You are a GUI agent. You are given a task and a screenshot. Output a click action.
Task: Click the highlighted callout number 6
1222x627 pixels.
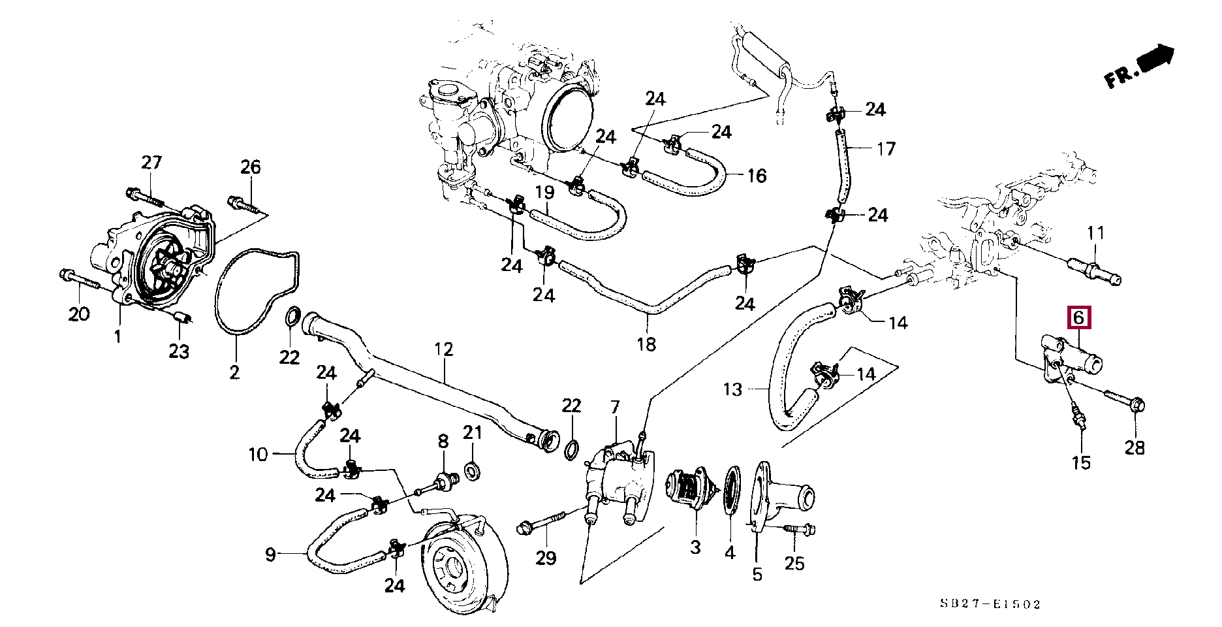point(1078,318)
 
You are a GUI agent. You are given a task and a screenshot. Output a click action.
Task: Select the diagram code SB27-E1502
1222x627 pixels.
point(990,604)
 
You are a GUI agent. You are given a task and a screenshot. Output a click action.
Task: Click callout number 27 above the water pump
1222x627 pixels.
point(151,163)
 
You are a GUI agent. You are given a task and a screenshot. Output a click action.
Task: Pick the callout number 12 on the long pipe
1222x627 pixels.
point(443,349)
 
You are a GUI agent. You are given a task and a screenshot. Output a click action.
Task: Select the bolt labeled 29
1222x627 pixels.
point(543,522)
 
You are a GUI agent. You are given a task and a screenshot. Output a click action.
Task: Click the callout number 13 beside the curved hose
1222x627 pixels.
point(732,390)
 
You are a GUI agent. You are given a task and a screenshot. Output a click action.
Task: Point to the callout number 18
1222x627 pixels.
point(646,344)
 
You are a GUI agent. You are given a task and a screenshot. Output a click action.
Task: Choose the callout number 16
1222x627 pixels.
point(756,176)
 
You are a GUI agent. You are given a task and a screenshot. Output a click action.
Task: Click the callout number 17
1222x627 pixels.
point(885,150)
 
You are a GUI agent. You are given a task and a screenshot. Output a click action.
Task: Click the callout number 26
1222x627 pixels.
point(250,167)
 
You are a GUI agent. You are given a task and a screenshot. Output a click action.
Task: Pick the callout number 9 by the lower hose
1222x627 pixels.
point(270,555)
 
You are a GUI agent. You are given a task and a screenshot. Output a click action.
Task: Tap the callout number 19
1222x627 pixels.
point(544,193)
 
